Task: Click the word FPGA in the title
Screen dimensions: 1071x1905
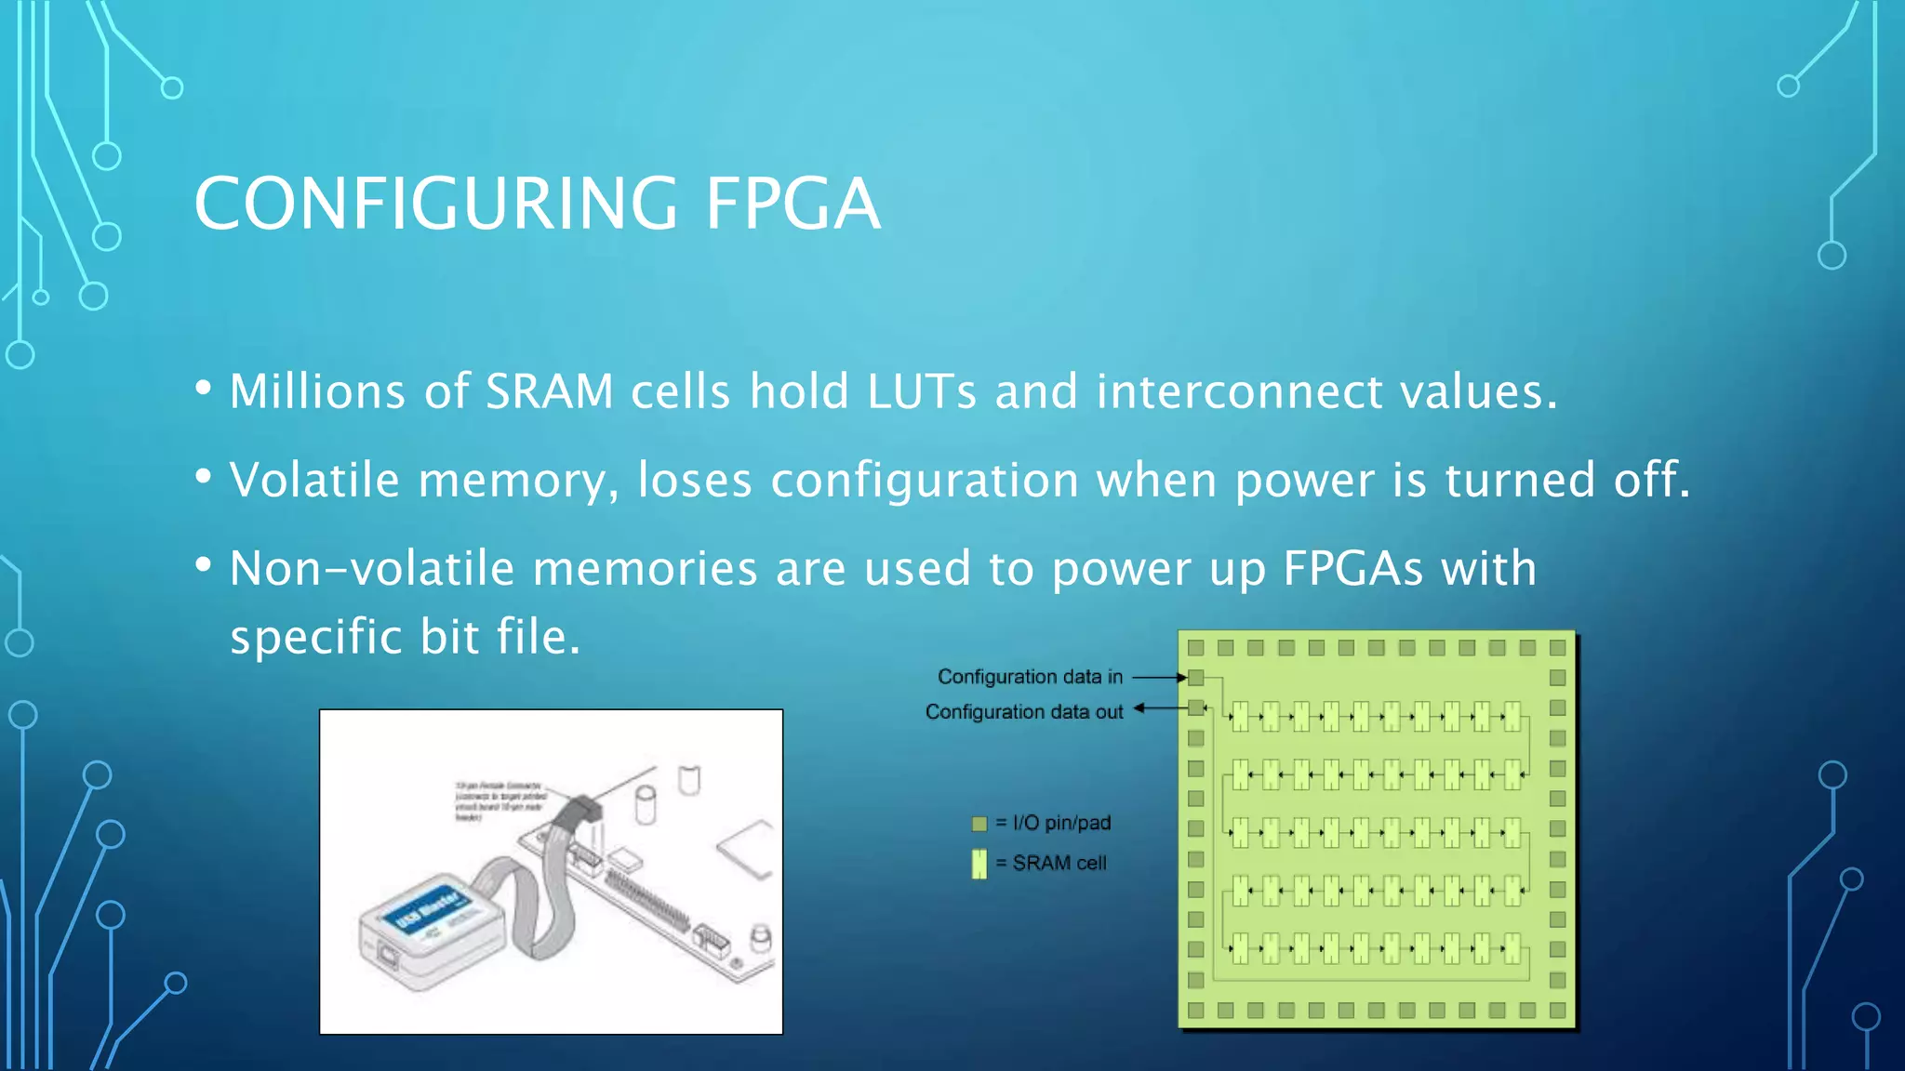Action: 792,204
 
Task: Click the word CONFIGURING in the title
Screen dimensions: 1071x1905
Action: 435,204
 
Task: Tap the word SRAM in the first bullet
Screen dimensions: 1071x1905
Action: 549,391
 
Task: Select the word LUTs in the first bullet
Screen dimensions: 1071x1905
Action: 921,391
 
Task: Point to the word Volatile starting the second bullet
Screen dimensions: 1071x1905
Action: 314,480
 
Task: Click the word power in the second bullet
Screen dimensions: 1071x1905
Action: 1303,482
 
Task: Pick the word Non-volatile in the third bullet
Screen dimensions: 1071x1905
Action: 371,568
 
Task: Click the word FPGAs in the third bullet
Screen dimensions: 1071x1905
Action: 1352,568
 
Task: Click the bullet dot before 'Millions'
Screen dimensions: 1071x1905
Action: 204,388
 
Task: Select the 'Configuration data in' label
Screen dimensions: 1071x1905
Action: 1030,677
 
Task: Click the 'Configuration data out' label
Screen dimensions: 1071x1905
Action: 1024,712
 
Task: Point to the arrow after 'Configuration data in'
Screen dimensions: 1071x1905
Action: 1158,678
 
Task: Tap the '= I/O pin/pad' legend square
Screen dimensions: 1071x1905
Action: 979,824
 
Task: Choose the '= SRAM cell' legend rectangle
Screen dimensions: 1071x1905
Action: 979,864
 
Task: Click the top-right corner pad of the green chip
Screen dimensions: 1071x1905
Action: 1558,648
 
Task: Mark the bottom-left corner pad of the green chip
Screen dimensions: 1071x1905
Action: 1196,1011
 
